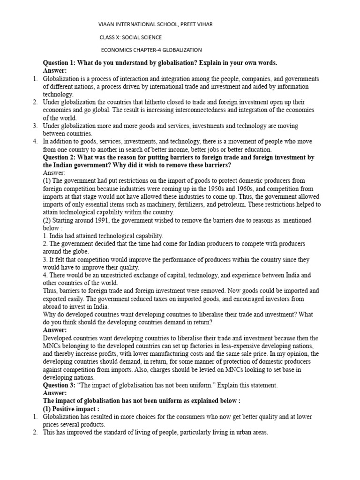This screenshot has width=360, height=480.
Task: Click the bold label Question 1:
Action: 62,63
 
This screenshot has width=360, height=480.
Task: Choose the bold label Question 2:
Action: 62,157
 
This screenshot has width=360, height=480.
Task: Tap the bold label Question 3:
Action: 62,385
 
